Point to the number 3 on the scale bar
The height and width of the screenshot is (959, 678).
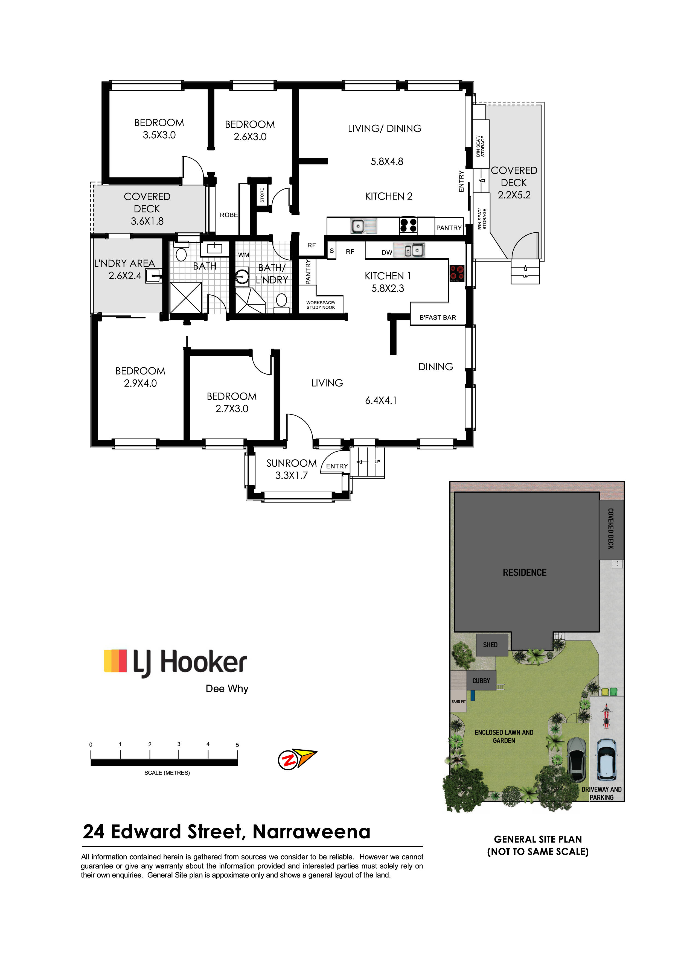point(179,744)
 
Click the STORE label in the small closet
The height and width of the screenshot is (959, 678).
point(262,195)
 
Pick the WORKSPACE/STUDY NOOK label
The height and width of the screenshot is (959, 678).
point(321,305)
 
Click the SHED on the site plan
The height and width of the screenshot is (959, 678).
point(490,645)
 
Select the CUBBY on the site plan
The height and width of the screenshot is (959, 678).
point(481,681)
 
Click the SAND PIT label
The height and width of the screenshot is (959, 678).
point(458,702)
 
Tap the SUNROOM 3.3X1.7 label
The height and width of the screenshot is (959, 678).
point(292,469)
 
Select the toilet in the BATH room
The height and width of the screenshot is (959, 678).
point(181,252)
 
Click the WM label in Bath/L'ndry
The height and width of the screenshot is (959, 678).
point(243,255)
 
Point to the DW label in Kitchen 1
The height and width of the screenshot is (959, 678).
point(387,252)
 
